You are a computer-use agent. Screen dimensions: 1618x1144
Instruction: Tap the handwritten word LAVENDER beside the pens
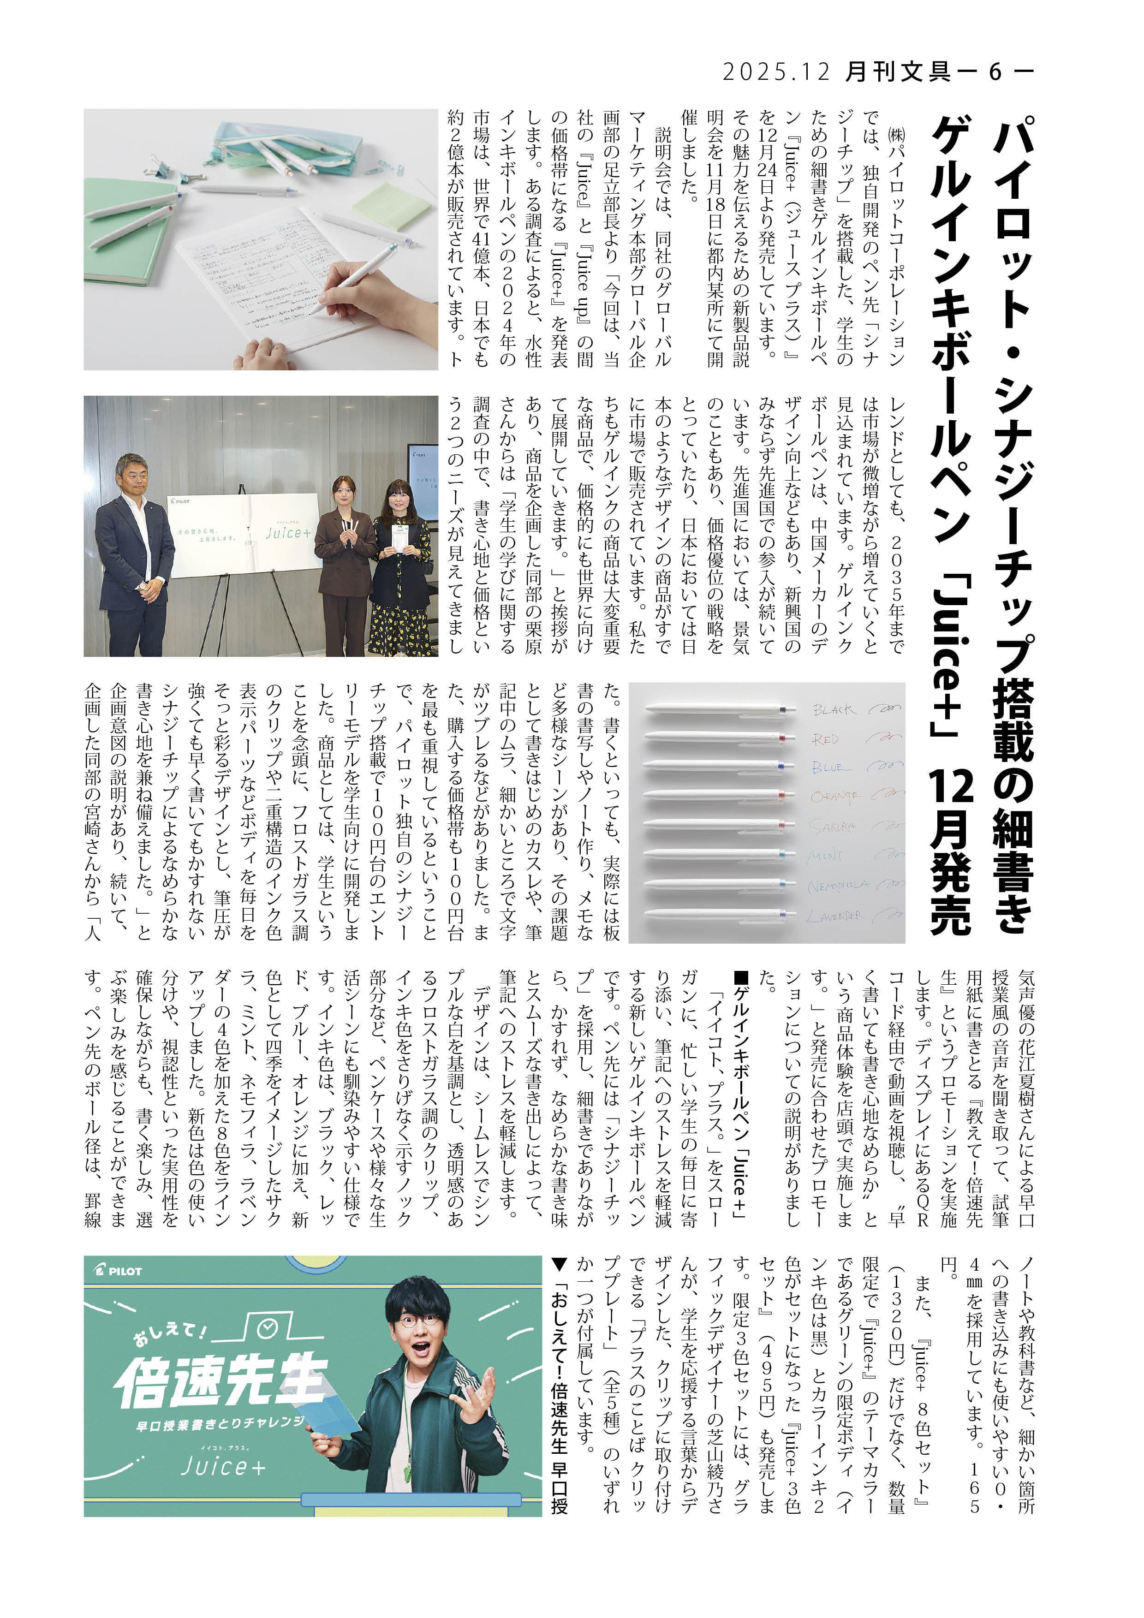(x=836, y=916)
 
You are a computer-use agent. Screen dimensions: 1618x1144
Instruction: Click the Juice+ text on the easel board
(x=287, y=533)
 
